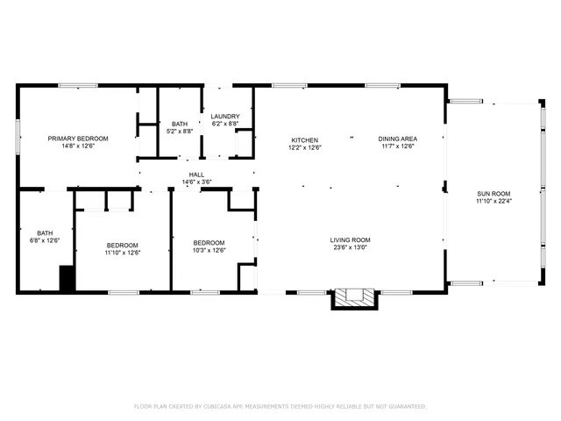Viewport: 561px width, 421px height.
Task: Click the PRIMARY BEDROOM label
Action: point(78,139)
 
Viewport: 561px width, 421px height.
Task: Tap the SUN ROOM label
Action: point(494,194)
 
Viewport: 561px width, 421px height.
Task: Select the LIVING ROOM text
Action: point(350,240)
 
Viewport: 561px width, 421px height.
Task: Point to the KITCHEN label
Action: point(304,139)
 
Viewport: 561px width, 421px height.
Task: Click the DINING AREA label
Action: point(397,139)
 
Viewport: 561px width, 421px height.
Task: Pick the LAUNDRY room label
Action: point(225,116)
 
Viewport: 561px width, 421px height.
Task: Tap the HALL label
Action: point(196,175)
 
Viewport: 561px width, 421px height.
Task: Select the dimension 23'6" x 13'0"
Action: point(350,248)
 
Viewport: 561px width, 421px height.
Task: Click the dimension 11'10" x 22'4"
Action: point(494,202)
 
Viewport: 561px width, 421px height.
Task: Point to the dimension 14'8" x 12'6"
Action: point(78,146)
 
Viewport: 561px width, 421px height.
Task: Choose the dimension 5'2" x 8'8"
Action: point(180,132)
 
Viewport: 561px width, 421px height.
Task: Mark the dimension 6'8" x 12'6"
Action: point(45,240)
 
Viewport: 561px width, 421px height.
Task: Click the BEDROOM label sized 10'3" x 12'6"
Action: point(209,243)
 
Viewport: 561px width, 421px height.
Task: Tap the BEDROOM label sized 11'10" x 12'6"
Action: point(123,245)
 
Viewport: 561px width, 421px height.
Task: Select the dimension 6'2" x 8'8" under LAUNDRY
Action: point(225,124)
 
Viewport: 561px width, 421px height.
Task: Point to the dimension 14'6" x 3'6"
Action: point(196,182)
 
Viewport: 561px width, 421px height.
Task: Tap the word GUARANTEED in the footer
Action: point(406,407)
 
